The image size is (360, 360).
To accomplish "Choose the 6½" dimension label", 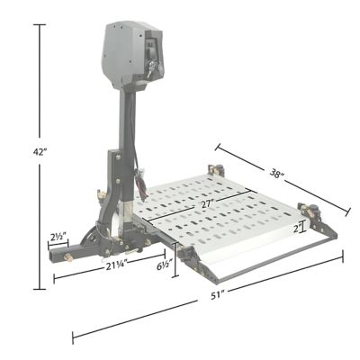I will [164, 266].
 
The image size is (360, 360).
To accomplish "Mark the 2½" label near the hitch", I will [58, 238].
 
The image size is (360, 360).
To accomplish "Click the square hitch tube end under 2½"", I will [58, 257].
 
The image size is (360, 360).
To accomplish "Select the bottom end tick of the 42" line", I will [40, 289].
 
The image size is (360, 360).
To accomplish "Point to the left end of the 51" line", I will [72, 339].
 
